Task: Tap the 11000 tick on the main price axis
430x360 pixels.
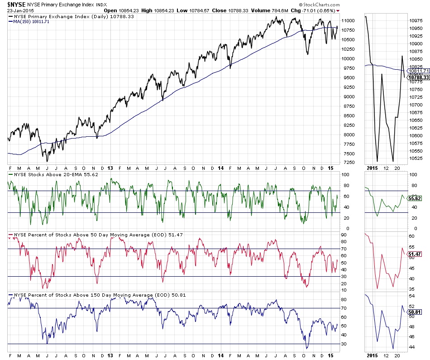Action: [348, 20]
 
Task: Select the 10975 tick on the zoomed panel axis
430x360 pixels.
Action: [416, 20]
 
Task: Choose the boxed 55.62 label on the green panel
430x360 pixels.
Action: [415, 198]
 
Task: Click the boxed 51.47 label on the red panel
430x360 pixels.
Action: [415, 254]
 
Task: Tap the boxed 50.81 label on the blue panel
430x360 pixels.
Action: [415, 312]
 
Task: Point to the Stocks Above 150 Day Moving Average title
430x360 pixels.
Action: [97, 295]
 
